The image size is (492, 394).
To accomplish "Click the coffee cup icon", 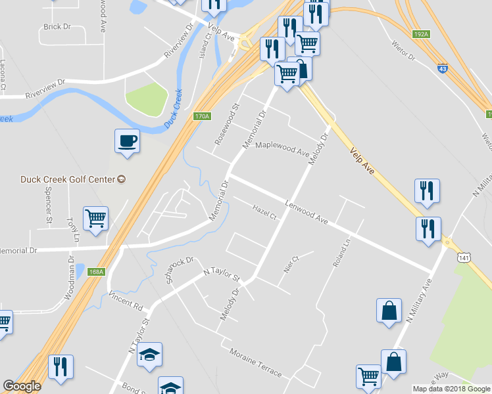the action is (x=127, y=141).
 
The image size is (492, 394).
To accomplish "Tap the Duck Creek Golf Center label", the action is (x=68, y=179).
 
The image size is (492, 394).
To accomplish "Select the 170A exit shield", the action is (x=202, y=116).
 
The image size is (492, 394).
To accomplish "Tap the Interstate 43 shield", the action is (x=443, y=66).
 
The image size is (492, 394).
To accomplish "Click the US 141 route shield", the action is (x=464, y=258).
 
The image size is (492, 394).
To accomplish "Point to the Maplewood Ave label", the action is (x=282, y=148).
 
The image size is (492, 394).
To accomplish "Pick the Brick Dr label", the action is (x=57, y=27).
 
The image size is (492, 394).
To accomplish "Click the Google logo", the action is (x=22, y=386).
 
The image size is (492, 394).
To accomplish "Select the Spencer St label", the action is (x=48, y=208).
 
